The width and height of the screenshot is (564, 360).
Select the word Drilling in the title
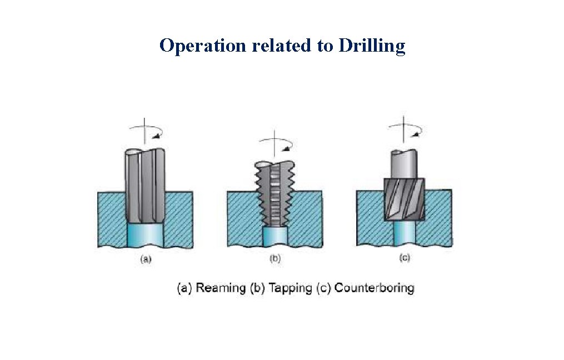(x=372, y=46)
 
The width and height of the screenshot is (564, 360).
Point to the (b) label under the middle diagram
(x=275, y=258)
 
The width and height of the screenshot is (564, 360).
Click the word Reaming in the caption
(x=221, y=288)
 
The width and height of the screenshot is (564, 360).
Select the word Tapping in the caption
(x=290, y=288)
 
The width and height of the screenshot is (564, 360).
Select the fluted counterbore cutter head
(x=405, y=199)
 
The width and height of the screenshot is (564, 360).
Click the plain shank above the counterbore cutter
(x=404, y=164)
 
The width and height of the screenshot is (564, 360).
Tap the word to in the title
(x=325, y=46)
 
